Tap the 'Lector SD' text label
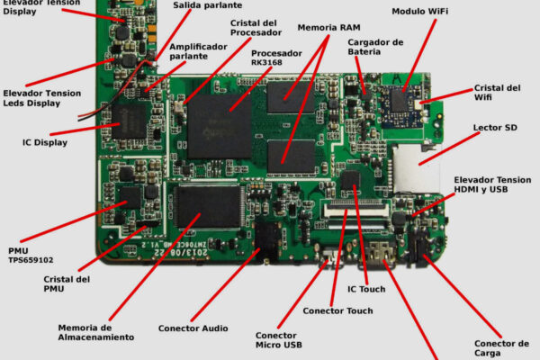494,128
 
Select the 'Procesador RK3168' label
276,58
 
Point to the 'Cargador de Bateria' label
375,47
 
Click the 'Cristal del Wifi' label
498,93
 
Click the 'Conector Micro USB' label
279,339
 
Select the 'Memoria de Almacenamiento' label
96,332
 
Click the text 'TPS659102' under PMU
31,259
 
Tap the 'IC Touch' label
366,289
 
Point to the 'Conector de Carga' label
501,348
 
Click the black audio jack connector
265,238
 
